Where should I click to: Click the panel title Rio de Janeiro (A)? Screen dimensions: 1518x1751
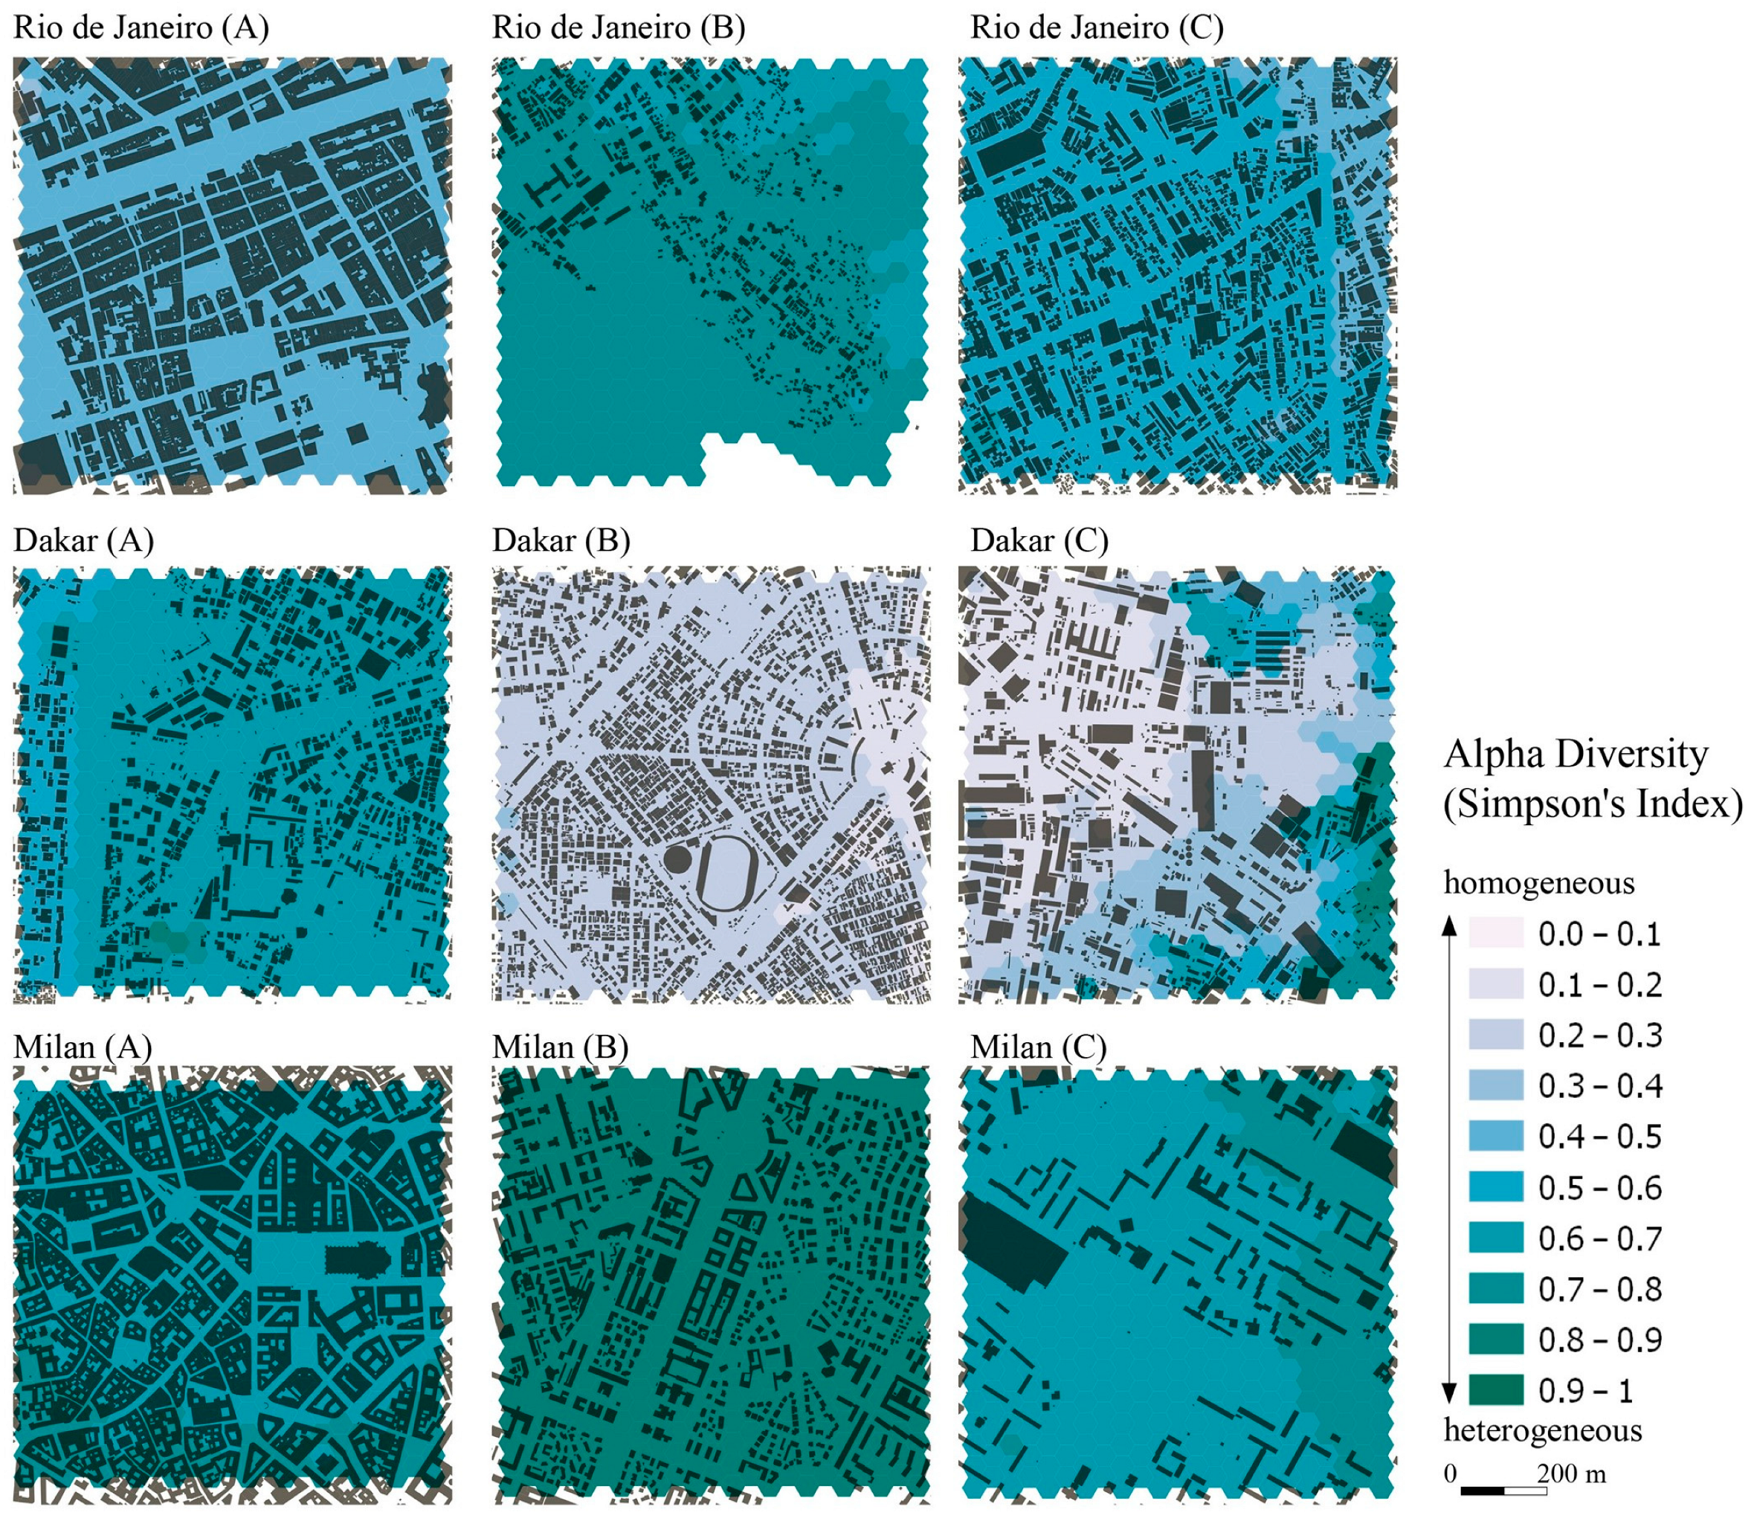tap(141, 28)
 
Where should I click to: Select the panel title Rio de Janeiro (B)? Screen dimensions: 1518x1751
tap(619, 28)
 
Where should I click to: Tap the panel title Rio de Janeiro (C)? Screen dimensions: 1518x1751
tap(1097, 28)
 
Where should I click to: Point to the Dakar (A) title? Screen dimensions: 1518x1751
tap(84, 540)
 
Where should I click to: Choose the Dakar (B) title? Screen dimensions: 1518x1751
tap(561, 540)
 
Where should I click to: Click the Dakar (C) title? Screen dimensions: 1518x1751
tap(1039, 540)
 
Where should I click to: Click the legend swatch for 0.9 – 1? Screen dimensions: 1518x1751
tap(1496, 1389)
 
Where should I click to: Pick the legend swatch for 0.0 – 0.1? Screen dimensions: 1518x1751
tap(1496, 933)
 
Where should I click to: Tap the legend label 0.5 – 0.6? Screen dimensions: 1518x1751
tap(1599, 1188)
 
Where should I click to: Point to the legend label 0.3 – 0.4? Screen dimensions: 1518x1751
tap(1599, 1086)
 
